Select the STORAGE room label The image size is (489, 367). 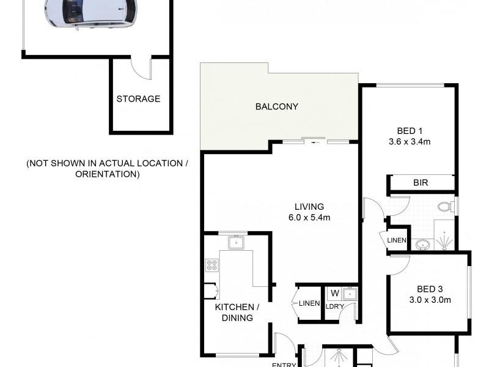coord(138,98)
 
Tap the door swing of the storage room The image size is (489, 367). coord(142,69)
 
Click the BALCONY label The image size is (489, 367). coord(276,106)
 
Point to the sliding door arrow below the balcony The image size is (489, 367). coord(315,143)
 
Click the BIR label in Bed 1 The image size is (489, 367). coord(421,182)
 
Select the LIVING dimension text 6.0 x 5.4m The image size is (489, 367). coord(309,217)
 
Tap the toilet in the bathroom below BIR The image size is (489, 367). coord(446,207)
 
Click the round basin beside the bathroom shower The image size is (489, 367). coord(422,245)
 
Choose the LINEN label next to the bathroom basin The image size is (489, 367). coord(397,240)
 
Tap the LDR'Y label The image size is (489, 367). coord(334,306)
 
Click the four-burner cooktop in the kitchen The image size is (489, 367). coord(212,265)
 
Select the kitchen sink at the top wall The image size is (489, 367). coord(236,243)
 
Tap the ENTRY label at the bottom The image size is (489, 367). coord(284,365)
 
